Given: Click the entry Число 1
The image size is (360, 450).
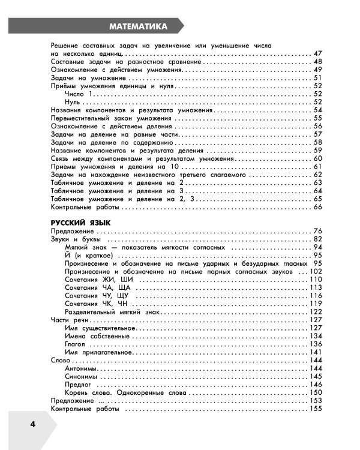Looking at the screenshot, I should (x=79, y=94).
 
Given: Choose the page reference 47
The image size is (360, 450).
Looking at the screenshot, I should (x=317, y=54).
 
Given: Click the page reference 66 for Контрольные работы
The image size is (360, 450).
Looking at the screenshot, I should (x=317, y=207).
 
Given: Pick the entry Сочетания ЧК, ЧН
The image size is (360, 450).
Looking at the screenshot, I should (x=98, y=304).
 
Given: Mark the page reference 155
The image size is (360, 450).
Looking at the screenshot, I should (x=316, y=409).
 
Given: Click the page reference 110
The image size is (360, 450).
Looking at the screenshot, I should (x=316, y=280).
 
